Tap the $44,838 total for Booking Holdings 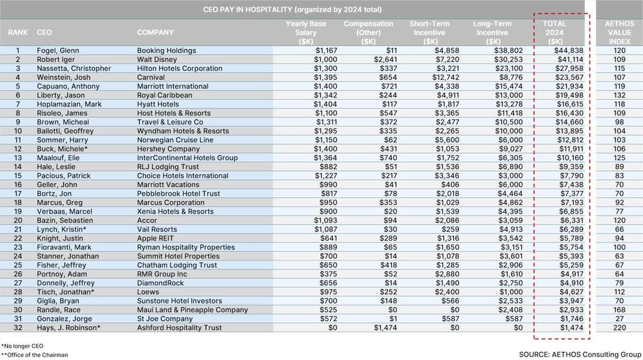pyautogui.click(x=570, y=50)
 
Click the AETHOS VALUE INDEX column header pyautogui.click(x=618, y=32)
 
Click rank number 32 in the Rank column pyautogui.click(x=18, y=327)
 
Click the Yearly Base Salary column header pyautogui.click(x=308, y=32)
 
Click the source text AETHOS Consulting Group pyautogui.click(x=578, y=354)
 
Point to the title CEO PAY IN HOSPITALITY pyautogui.click(x=293, y=9)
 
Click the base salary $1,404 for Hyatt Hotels pyautogui.click(x=316, y=104)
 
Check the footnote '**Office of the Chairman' pyautogui.click(x=35, y=355)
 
